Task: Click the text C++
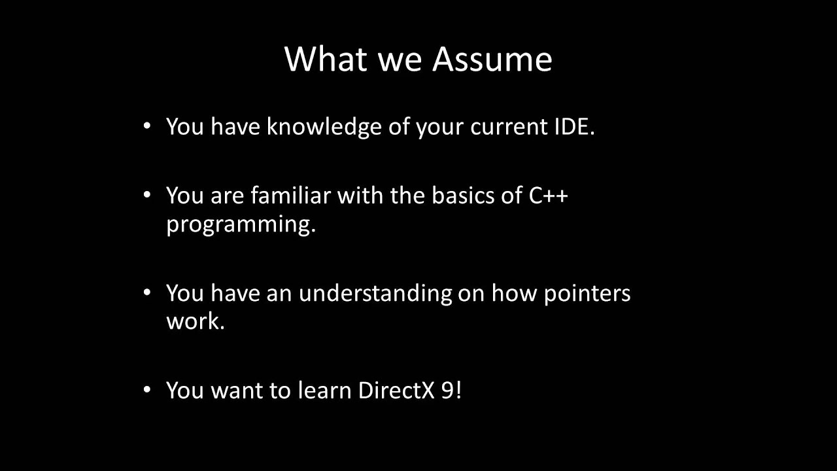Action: [x=548, y=195]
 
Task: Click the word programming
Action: [x=241, y=224]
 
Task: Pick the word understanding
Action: [x=375, y=292]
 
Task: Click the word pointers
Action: [x=587, y=292]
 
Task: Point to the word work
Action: [x=195, y=321]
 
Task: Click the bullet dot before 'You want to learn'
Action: [x=147, y=389]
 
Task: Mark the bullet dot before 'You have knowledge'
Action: [x=147, y=125]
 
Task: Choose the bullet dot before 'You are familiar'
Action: [x=147, y=194]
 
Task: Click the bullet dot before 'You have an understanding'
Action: [x=147, y=291]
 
